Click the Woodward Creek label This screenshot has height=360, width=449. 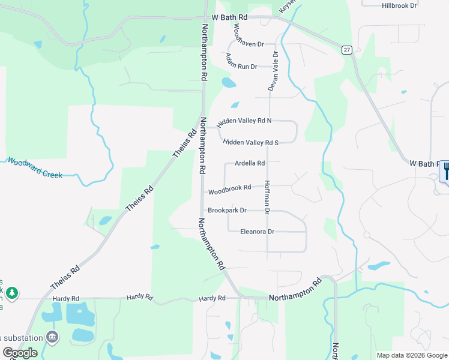tap(34, 167)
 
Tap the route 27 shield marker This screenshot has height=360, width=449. tap(347, 50)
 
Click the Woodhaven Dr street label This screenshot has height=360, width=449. tap(247, 36)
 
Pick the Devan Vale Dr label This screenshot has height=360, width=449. tap(273, 71)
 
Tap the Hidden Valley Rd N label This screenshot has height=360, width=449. tap(244, 121)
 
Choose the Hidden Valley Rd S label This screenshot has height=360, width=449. tap(251, 143)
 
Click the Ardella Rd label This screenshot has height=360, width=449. tap(249, 163)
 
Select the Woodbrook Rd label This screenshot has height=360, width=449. tap(229, 190)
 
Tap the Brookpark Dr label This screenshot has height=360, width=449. tap(227, 211)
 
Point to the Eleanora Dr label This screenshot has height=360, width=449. tap(257, 232)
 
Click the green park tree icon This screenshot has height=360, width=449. tap(12, 293)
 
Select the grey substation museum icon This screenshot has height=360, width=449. tap(52, 336)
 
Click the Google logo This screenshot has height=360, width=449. tap(20, 353)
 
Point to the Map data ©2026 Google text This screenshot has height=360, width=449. tap(411, 355)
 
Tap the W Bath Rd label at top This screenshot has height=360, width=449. tap(226, 19)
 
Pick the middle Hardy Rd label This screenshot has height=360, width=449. tap(140, 298)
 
